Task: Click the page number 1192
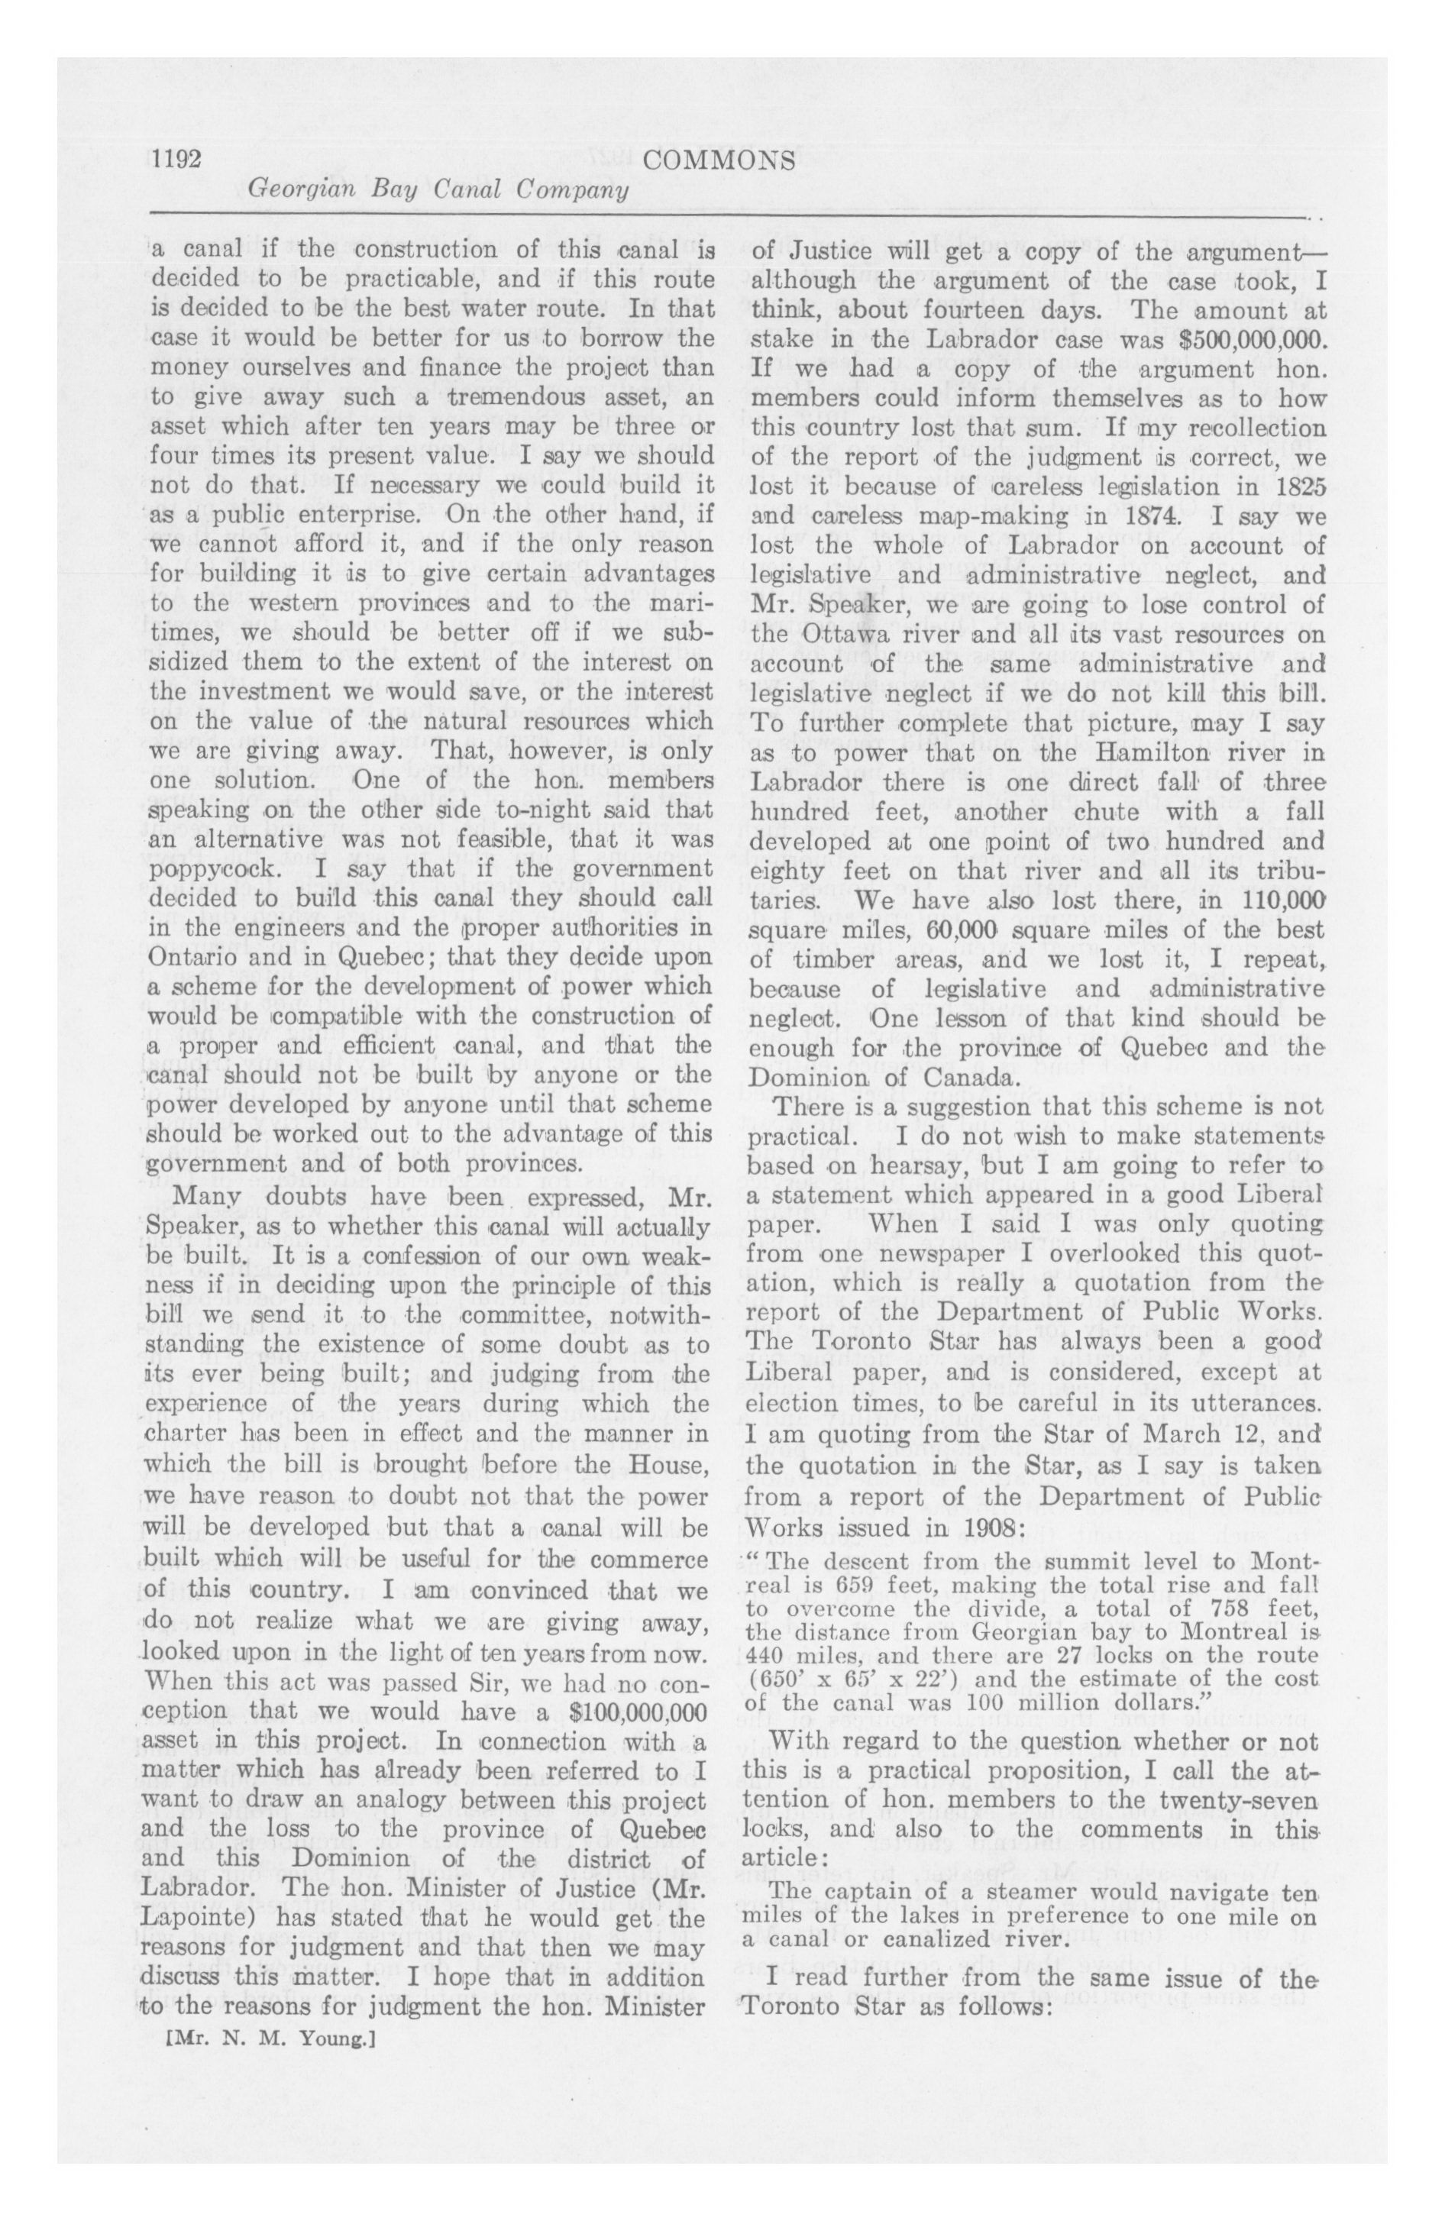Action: (177, 160)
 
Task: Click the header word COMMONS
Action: (719, 160)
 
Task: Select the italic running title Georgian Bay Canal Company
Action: (437, 190)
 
